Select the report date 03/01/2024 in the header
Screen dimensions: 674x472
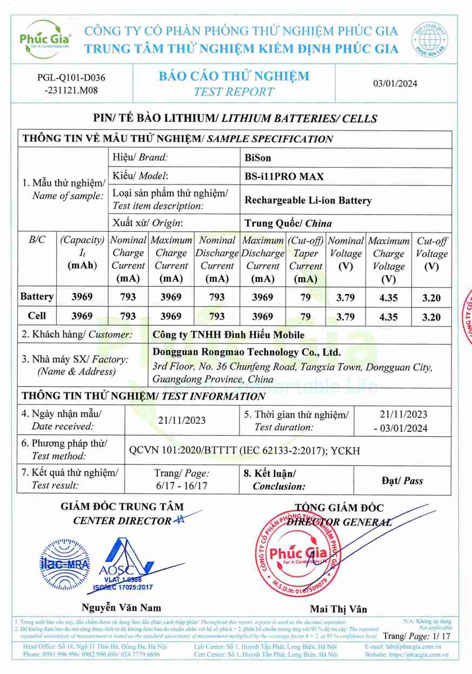pos(395,83)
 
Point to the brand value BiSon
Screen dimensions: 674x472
pos(258,158)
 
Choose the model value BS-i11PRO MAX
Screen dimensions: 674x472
pos(284,176)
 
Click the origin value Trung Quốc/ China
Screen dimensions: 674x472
pos(288,223)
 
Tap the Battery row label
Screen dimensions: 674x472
pos(37,296)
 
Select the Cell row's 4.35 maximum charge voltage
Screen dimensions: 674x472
pos(388,317)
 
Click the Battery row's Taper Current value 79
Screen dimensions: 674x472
pos(305,297)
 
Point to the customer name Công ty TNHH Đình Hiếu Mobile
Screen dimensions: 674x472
pos(228,335)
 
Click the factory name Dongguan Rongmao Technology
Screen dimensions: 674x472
pos(247,352)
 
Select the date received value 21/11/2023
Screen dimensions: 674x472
pos(182,421)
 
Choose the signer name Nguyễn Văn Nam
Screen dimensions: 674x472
pos(121,607)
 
